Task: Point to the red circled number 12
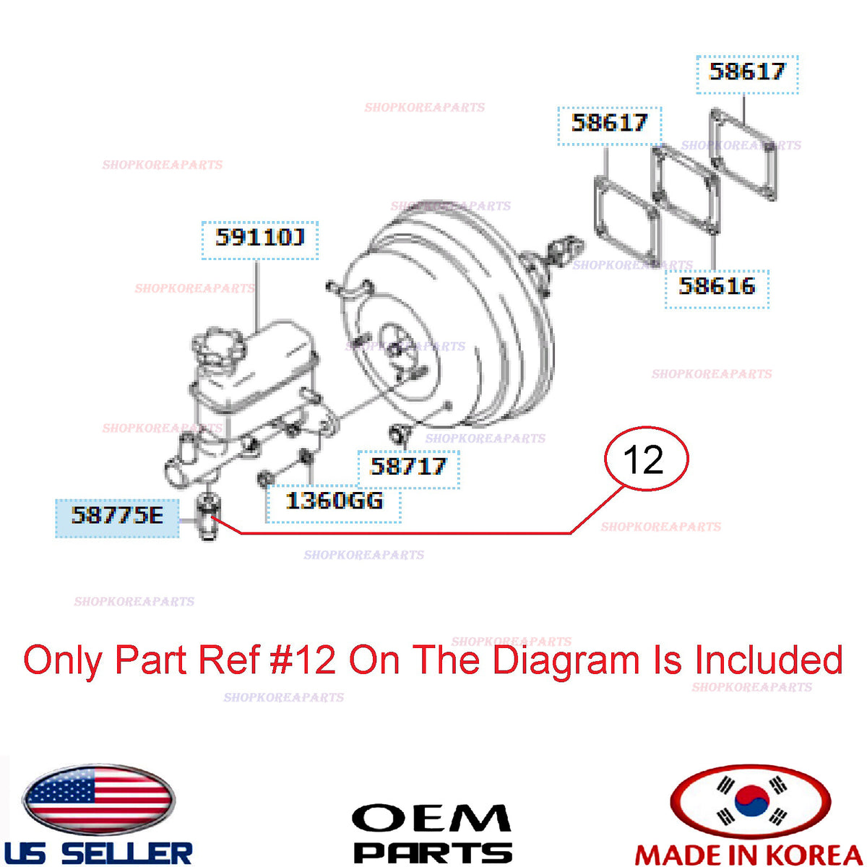click(646, 460)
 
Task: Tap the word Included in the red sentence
click(768, 660)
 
